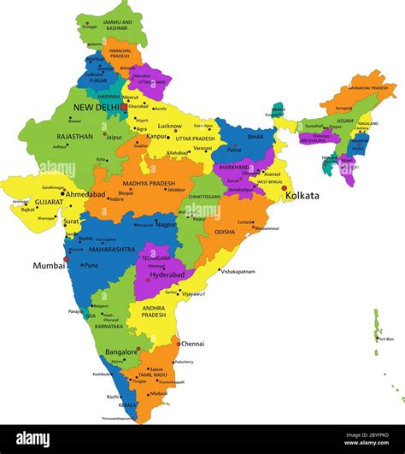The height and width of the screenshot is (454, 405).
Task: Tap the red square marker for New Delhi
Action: (124, 107)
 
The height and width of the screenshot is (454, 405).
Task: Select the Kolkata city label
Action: (302, 196)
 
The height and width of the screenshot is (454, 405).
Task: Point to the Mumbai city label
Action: (49, 266)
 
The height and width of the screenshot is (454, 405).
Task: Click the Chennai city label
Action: (192, 344)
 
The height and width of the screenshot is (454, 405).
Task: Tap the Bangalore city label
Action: (121, 351)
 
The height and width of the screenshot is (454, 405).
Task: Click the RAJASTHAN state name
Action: (74, 136)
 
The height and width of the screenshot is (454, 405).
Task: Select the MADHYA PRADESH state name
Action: (149, 183)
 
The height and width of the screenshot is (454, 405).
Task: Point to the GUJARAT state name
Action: (48, 202)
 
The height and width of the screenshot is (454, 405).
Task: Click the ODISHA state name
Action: (225, 232)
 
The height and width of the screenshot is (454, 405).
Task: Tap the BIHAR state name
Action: (255, 136)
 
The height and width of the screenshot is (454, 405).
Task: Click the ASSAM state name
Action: (345, 121)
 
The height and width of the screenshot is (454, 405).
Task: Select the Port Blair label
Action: (386, 339)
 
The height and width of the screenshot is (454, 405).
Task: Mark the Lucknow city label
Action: (169, 126)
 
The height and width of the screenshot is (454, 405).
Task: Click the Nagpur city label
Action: (166, 225)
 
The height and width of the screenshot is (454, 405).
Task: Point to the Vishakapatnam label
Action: (238, 271)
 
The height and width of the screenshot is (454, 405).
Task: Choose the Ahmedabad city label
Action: (85, 194)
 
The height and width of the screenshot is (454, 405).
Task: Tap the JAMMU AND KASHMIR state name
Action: (116, 26)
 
